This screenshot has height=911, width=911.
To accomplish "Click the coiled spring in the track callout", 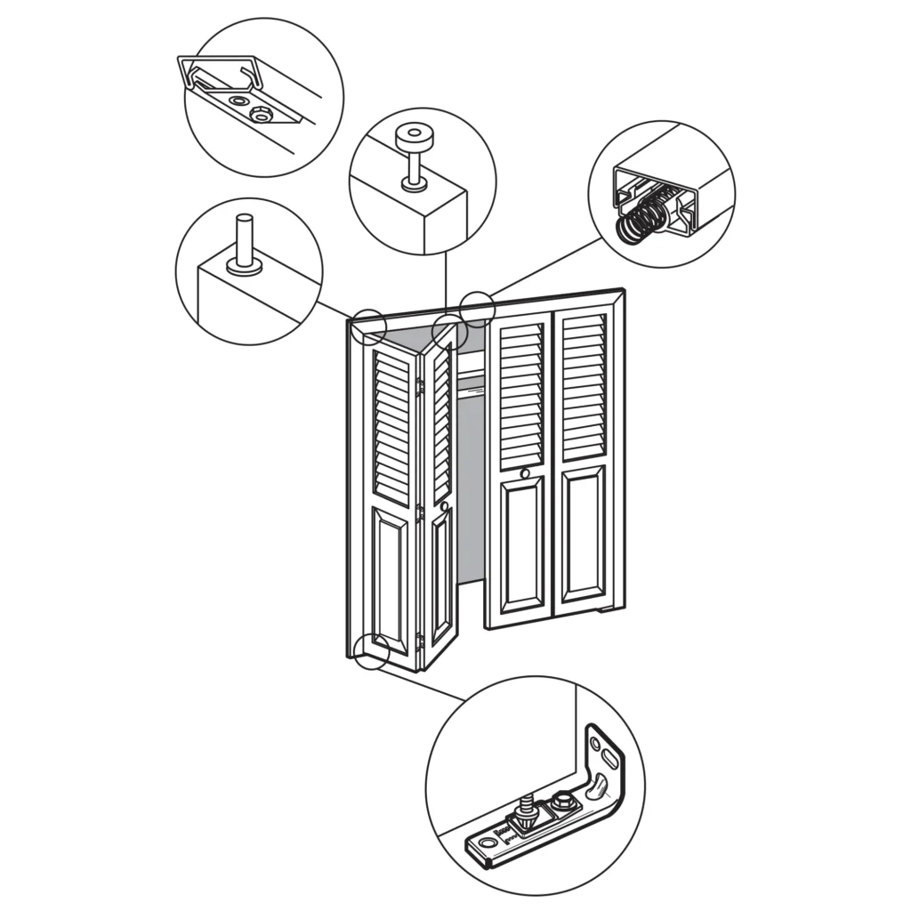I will click(638, 221).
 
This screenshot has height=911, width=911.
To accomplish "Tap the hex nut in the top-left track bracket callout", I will click(261, 114).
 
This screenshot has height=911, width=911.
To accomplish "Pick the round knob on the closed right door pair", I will click(525, 473).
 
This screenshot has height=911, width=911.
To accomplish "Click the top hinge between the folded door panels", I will click(419, 387).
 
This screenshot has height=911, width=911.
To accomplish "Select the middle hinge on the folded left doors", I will click(419, 513).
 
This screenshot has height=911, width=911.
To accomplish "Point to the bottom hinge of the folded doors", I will click(419, 640).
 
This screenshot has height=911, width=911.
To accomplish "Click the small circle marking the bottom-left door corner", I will click(371, 650).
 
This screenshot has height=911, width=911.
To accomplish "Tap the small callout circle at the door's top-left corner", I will click(368, 326).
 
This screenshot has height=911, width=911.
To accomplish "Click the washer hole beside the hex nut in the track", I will click(238, 101).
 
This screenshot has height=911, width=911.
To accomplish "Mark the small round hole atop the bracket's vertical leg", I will click(595, 741).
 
